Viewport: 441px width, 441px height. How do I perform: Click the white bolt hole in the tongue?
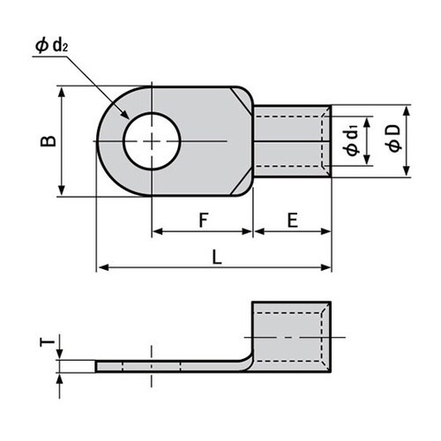tap(152, 141)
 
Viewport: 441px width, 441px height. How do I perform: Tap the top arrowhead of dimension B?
tap(63, 91)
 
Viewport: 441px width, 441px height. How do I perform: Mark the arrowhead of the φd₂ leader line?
tap(128, 117)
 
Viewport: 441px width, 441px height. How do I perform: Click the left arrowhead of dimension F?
tap(157, 233)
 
